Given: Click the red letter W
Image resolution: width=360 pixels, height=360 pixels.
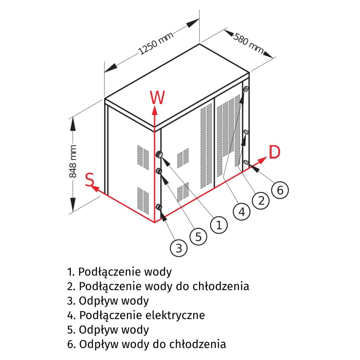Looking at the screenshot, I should (x=157, y=98).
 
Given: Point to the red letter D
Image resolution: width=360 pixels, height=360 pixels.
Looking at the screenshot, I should (x=275, y=152).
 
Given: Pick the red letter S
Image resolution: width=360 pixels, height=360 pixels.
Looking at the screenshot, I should (x=90, y=180).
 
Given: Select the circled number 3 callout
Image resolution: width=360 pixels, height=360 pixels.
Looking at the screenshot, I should (x=179, y=248).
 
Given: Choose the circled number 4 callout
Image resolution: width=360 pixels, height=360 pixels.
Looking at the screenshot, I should (x=242, y=212).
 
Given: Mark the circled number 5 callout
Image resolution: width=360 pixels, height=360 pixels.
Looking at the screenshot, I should (x=199, y=237).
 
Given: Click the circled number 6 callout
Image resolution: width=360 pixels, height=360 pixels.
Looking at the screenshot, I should (x=280, y=190).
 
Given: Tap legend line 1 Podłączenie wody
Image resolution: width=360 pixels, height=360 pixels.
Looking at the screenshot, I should (x=120, y=272).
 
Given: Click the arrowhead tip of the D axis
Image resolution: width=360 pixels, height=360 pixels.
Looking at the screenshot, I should (x=265, y=159).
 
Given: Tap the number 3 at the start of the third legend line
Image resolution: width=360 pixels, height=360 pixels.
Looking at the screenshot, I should (x=70, y=301).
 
